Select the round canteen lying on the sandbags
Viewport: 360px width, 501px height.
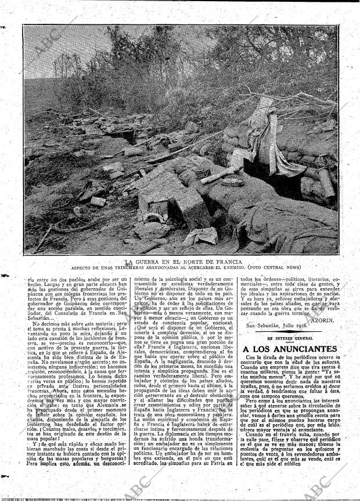[x=232, y=180]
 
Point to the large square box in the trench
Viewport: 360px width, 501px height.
[x=192, y=206]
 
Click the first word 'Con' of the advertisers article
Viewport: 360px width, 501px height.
[x=250, y=357]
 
